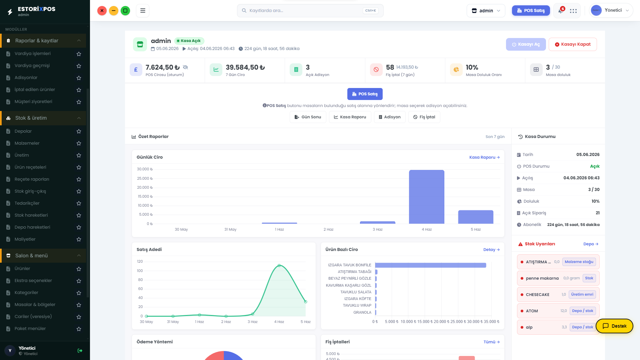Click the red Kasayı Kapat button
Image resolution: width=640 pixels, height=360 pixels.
pyautogui.click(x=573, y=44)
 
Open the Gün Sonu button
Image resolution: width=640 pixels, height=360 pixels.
pyautogui.click(x=308, y=117)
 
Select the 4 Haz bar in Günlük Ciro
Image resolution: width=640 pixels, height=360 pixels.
pyautogui.click(x=427, y=197)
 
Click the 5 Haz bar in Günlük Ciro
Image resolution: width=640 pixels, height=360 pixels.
pyautogui.click(x=476, y=217)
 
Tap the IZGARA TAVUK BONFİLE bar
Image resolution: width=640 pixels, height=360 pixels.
pyautogui.click(x=431, y=265)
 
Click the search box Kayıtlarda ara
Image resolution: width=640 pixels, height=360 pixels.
pyautogui.click(x=310, y=11)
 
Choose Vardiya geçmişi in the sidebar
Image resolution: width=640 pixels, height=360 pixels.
pyautogui.click(x=32, y=66)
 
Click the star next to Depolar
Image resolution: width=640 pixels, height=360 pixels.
pyautogui.click(x=79, y=131)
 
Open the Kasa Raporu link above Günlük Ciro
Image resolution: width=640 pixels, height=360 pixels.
pyautogui.click(x=484, y=157)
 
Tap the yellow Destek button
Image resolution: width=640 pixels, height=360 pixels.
pyautogui.click(x=614, y=326)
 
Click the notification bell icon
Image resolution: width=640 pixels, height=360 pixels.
pyautogui.click(x=561, y=11)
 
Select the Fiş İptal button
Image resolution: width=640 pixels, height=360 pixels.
pyautogui.click(x=424, y=117)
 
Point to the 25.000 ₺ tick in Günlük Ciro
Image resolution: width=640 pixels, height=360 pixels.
pyautogui.click(x=145, y=178)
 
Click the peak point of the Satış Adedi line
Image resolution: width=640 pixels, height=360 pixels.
pyautogui.click(x=279, y=265)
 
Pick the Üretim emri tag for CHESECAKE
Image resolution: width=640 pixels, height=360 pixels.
pyautogui.click(x=582, y=294)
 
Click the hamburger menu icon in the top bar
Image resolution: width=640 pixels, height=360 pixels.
pyautogui.click(x=143, y=11)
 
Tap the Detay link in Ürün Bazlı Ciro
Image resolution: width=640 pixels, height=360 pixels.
pyautogui.click(x=491, y=250)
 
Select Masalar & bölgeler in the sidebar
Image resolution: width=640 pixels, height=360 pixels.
pyautogui.click(x=35, y=305)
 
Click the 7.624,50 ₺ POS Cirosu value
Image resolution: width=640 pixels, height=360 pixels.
pyautogui.click(x=163, y=67)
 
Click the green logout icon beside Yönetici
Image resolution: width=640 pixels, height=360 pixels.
pyautogui.click(x=80, y=351)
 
